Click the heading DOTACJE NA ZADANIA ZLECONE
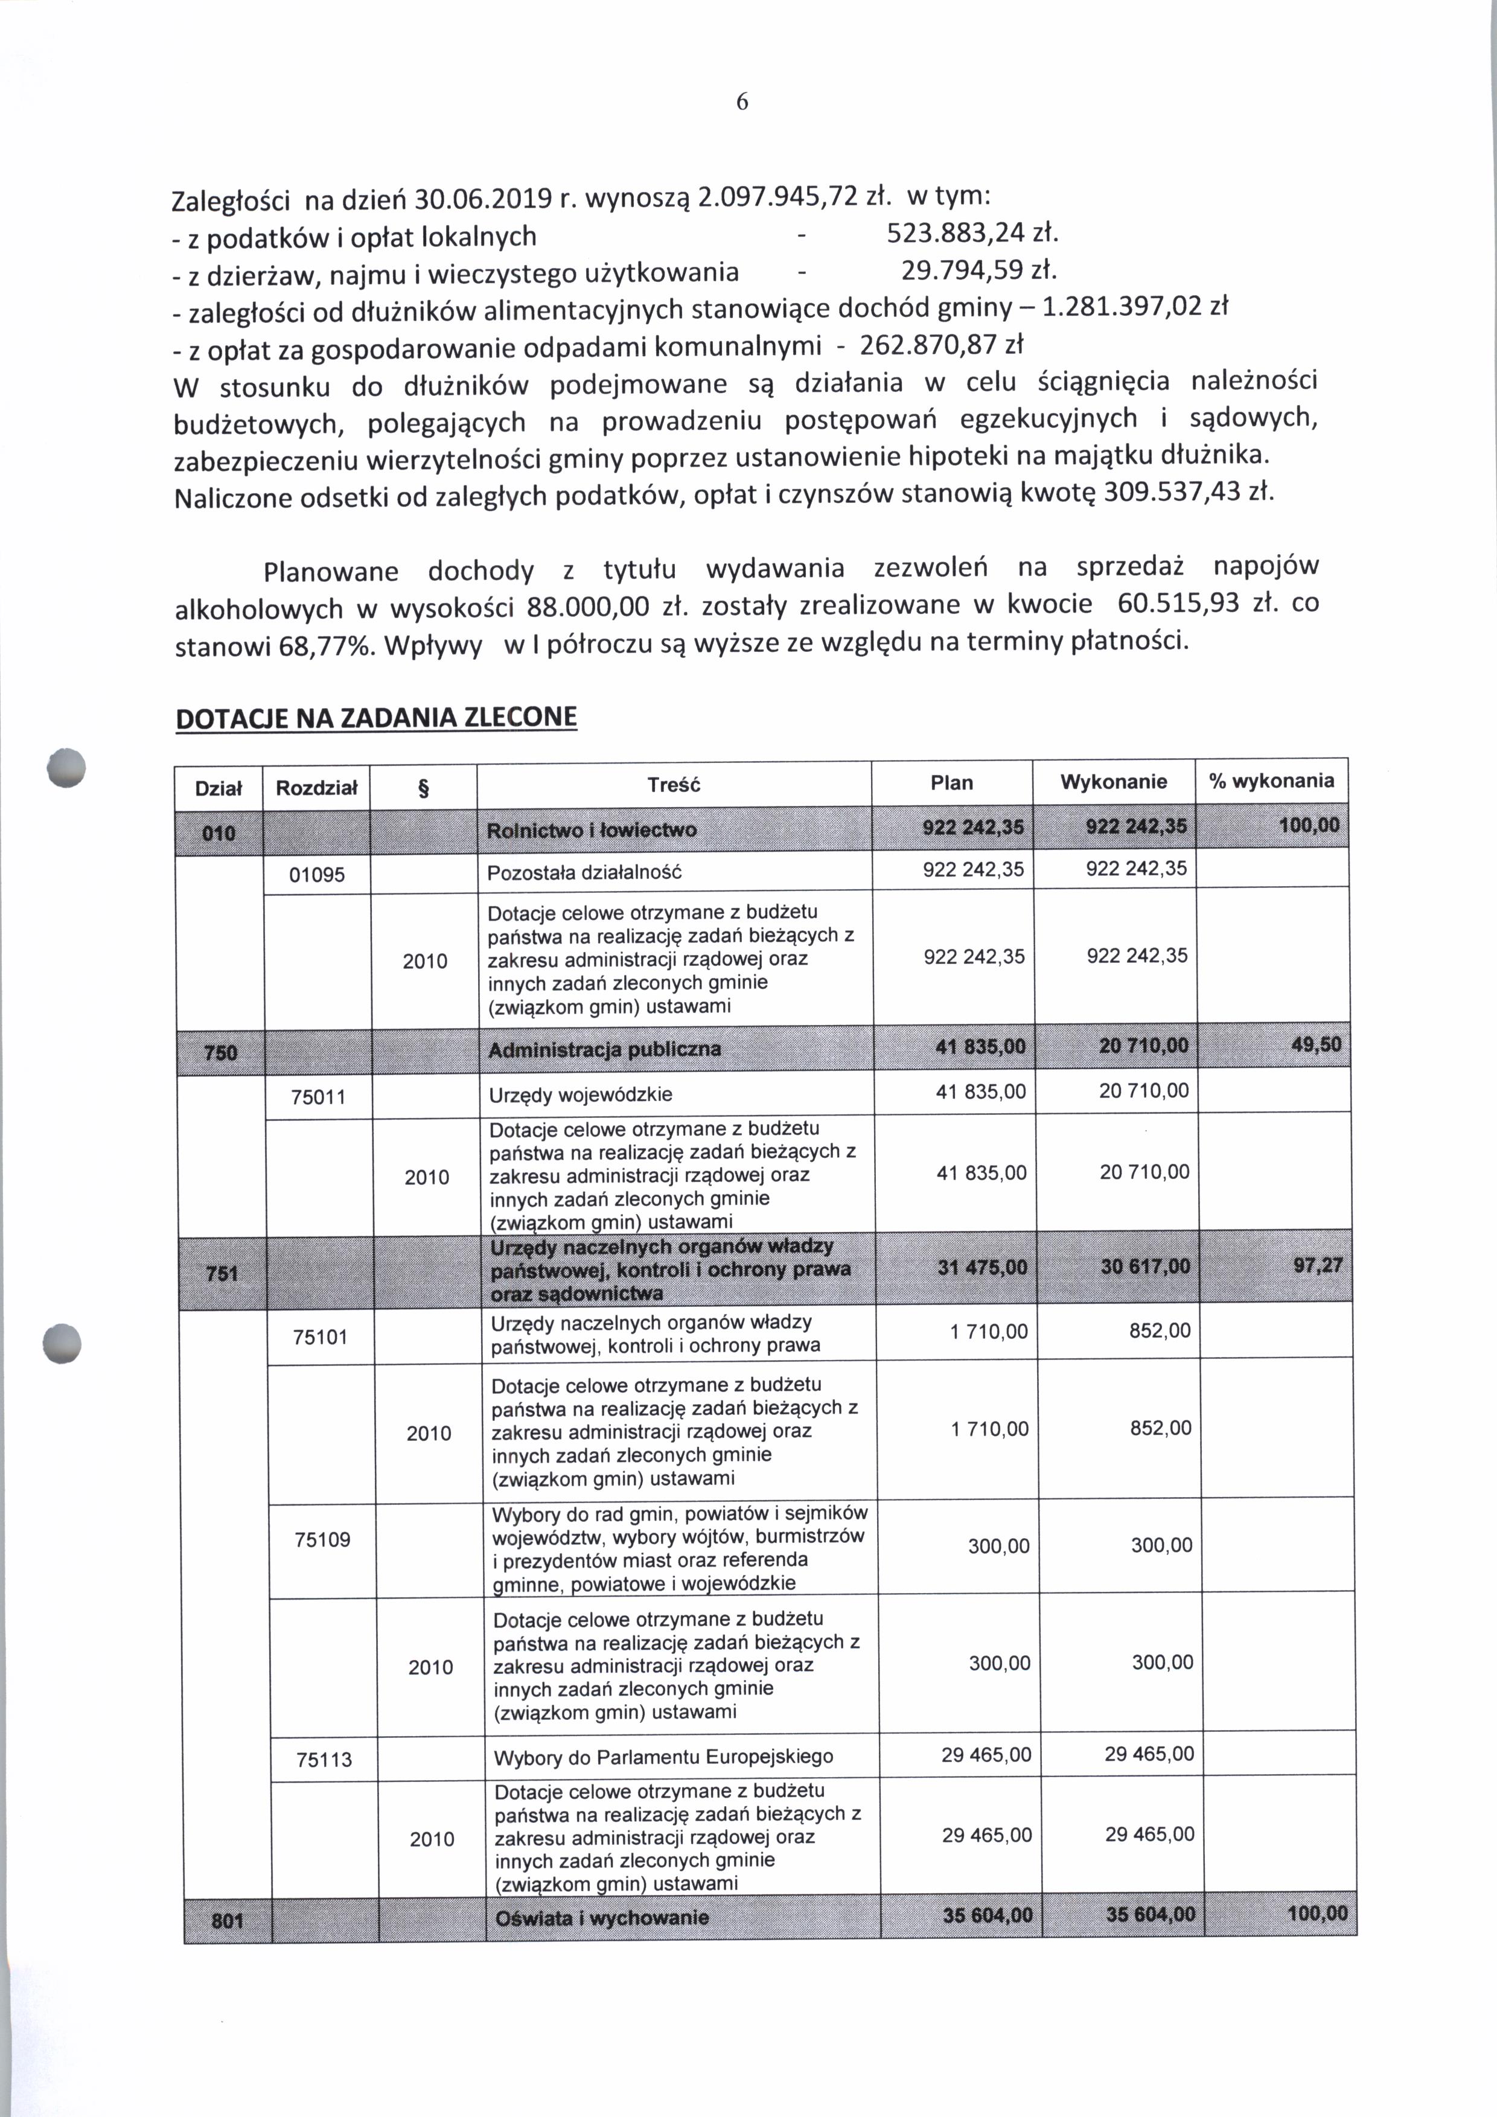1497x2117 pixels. (376, 718)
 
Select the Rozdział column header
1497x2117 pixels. (316, 787)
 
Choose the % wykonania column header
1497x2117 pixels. (1271, 781)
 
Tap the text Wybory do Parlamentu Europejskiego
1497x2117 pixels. (664, 1757)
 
